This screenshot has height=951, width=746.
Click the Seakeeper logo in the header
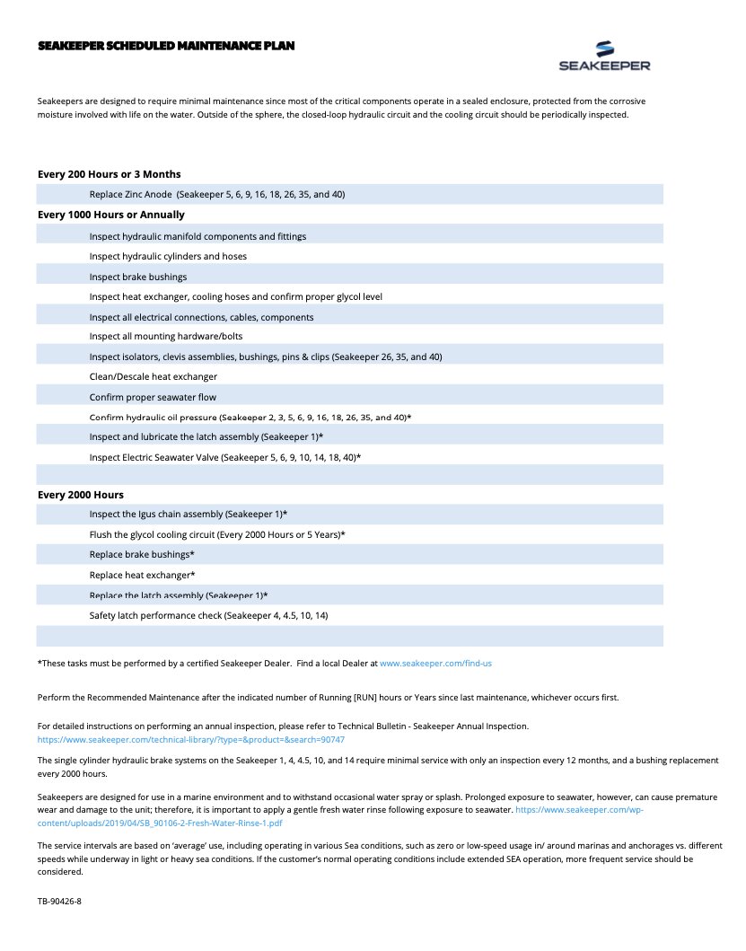pos(604,56)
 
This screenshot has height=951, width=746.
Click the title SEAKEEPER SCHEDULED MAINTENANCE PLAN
pos(166,45)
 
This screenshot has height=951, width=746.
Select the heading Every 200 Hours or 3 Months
pos(110,174)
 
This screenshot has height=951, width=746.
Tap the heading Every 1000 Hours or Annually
pos(111,215)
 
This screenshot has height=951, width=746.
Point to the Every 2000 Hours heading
pos(81,495)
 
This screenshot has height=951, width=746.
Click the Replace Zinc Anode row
pos(217,195)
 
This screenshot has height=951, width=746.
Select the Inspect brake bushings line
pos(138,277)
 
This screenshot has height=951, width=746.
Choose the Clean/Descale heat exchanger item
pos(154,377)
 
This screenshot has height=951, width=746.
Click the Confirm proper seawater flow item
pos(153,397)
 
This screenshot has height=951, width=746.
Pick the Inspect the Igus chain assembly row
pos(189,515)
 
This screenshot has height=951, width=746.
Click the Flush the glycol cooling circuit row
pos(217,534)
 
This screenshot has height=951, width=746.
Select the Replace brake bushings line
pos(142,555)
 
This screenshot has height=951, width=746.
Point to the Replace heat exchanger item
pos(142,575)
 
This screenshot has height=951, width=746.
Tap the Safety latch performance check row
pos(208,615)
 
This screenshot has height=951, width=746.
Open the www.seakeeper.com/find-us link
pos(435,664)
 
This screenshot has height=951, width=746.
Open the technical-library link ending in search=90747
pos(190,740)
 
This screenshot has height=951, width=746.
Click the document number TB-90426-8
pos(60,899)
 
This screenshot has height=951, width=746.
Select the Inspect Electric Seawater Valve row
pos(225,458)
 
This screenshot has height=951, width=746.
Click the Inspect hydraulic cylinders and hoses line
pos(168,257)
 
